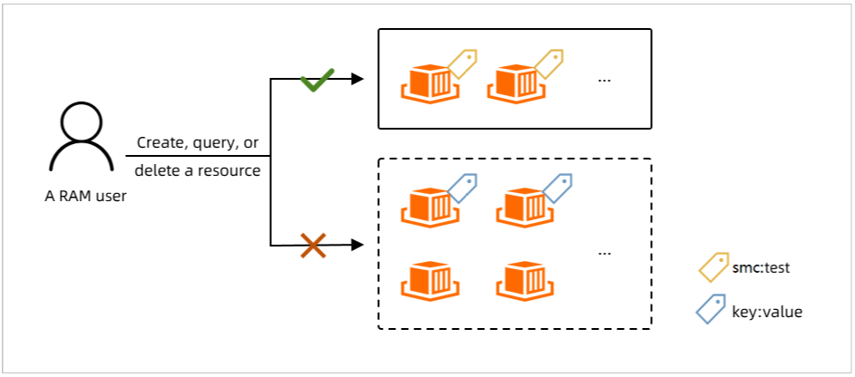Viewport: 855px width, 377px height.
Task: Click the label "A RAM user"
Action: click(85, 196)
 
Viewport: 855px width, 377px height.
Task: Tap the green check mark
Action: click(317, 82)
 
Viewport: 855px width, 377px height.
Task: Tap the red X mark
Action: click(314, 246)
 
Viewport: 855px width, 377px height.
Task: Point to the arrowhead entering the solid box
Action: click(357, 79)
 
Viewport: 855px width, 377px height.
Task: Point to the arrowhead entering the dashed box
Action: click(357, 245)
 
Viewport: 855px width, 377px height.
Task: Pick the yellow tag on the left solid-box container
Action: click(462, 63)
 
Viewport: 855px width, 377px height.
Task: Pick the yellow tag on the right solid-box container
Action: click(549, 63)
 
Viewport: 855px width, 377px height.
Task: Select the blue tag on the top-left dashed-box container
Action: click(462, 188)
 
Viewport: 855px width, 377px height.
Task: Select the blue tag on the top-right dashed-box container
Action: click(558, 188)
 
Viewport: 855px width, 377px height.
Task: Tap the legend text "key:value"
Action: click(767, 312)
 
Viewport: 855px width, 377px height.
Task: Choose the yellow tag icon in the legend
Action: click(714, 267)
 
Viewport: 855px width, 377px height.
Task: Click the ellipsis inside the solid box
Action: click(604, 80)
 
